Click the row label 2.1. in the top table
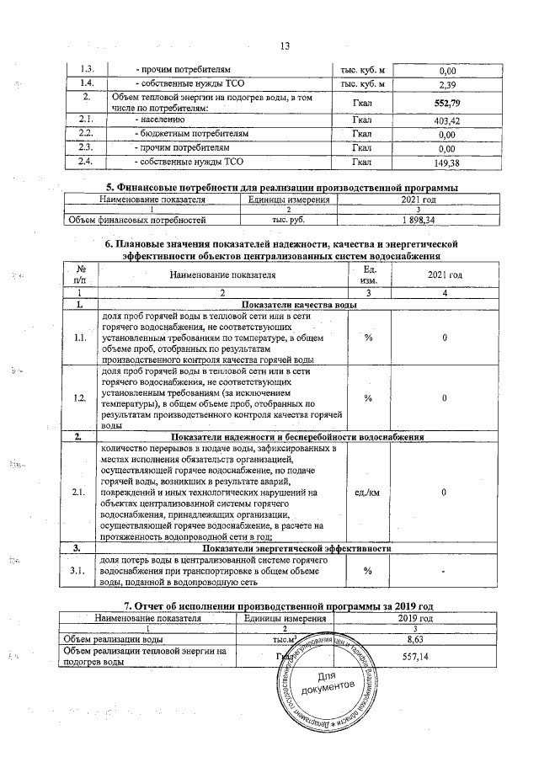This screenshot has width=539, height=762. tap(85, 120)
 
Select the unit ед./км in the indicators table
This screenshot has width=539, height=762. tap(367, 492)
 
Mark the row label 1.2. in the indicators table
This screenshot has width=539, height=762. tap(80, 398)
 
